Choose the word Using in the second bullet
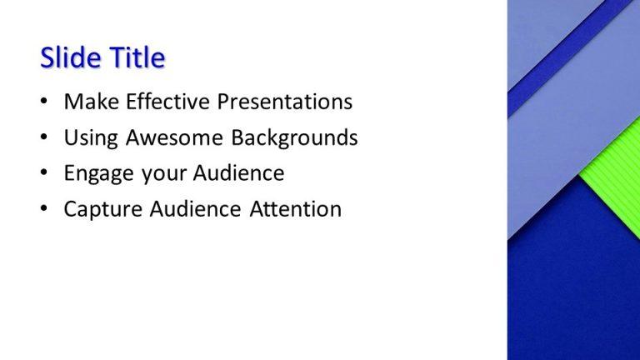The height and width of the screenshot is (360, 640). click(x=91, y=137)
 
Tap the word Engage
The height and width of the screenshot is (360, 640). click(x=97, y=173)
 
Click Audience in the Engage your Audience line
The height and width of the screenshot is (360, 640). click(x=238, y=173)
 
